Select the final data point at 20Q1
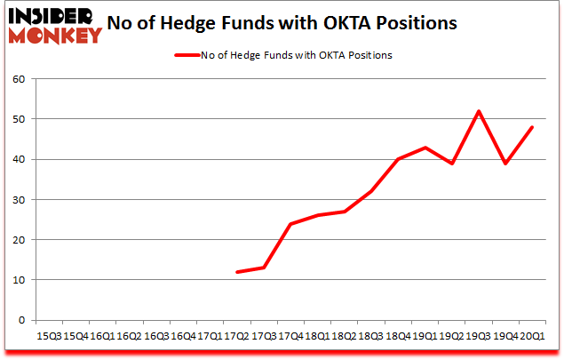pyautogui.click(x=532, y=127)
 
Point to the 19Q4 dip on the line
pyautogui.click(x=505, y=164)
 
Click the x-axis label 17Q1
pyautogui.click(x=209, y=335)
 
